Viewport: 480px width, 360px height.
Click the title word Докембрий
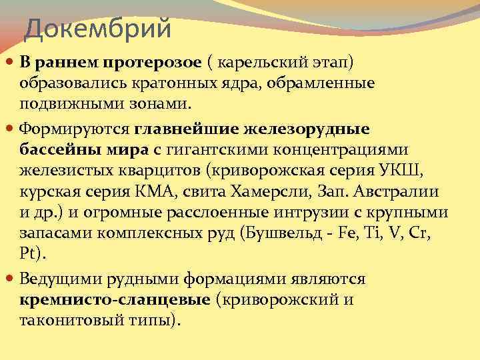[x=98, y=29]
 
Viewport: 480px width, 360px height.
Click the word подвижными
[x=65, y=104]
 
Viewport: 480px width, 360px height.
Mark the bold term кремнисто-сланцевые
[x=115, y=299]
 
